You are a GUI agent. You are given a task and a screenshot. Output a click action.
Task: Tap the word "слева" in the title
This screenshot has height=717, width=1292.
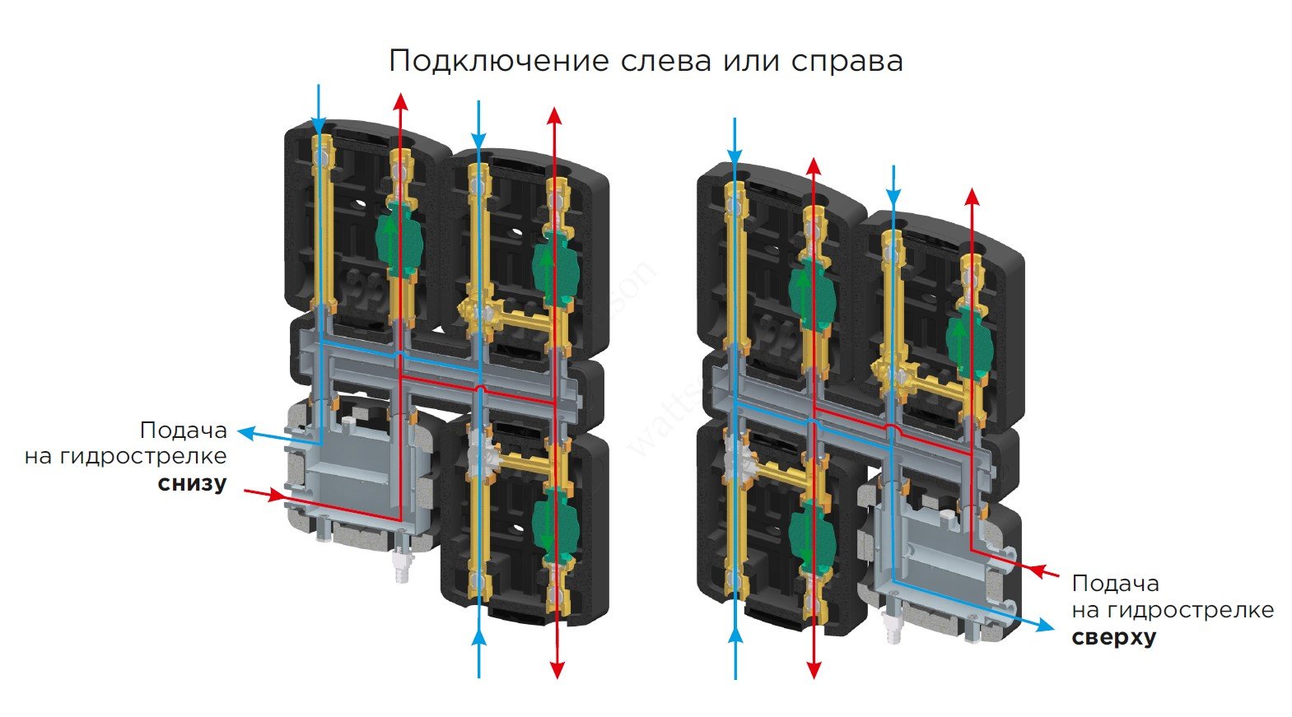click(668, 61)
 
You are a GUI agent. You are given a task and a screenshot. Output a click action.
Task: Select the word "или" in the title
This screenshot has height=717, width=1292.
click(750, 61)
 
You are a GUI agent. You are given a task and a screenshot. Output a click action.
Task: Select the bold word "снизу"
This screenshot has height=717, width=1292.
click(192, 482)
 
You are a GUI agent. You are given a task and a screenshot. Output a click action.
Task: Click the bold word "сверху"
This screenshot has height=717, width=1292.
click(1113, 637)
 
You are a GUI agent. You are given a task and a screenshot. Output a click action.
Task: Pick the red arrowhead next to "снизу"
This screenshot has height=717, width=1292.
click(276, 496)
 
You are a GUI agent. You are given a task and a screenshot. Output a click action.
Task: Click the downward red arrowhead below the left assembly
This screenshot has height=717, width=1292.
click(557, 668)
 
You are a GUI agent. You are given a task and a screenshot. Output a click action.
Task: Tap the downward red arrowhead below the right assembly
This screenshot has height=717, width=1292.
click(814, 669)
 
